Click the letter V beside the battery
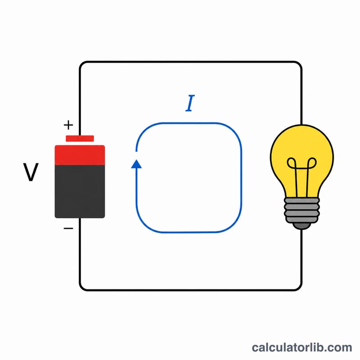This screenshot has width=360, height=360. (x=31, y=172)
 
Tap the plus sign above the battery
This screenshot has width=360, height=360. (x=68, y=125)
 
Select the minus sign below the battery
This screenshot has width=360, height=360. (x=68, y=228)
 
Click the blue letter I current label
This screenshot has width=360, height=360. (x=190, y=103)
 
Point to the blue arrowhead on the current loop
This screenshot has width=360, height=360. (x=136, y=164)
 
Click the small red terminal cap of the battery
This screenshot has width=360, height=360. (x=80, y=139)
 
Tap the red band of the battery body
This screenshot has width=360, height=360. (x=80, y=155)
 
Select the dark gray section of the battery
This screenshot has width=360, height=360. (x=80, y=192)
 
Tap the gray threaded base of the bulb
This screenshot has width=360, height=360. (x=302, y=210)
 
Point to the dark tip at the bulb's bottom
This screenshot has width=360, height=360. (x=302, y=226)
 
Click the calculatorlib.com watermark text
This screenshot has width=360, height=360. (x=301, y=347)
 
